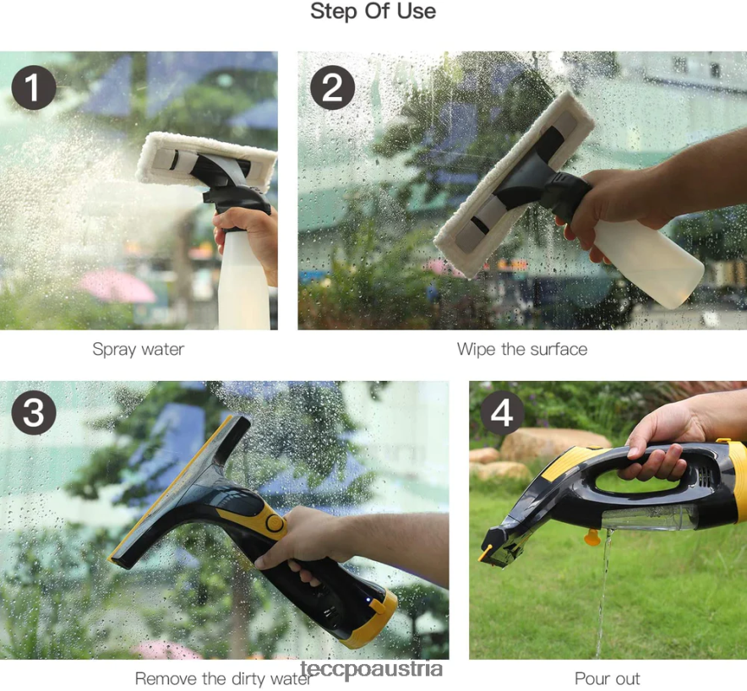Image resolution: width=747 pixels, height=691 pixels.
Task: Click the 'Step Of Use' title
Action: (x=373, y=12)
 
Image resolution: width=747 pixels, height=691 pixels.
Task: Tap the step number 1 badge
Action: (x=33, y=88)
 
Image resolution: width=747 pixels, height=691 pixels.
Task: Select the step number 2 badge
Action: (x=333, y=88)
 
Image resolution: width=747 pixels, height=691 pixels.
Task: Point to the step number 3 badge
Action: (x=33, y=412)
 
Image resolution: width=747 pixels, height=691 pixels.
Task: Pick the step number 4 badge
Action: (x=502, y=412)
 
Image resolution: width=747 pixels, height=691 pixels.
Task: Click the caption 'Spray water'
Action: (x=138, y=350)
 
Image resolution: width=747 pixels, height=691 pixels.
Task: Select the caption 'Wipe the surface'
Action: (x=522, y=350)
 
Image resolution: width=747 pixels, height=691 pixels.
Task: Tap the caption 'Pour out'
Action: (x=608, y=678)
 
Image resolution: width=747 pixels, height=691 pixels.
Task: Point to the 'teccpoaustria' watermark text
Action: (x=372, y=670)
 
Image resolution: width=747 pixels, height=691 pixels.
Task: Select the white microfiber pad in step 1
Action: (x=206, y=160)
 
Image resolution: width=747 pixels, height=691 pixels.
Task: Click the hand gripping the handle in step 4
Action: (x=662, y=440)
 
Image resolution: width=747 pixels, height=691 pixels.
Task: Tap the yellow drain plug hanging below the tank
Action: (x=592, y=536)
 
